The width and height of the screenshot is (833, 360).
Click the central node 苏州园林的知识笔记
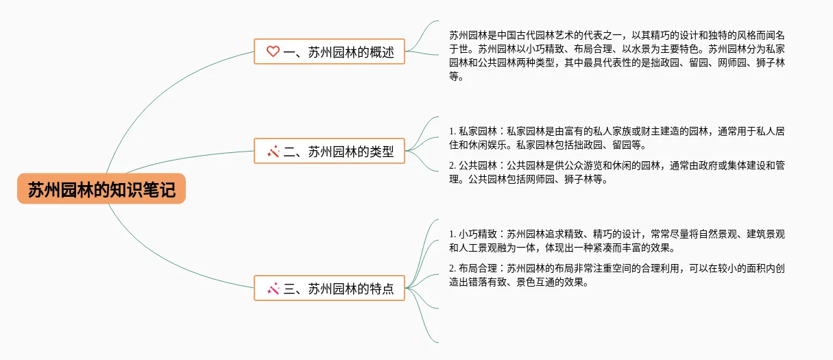click(101, 189)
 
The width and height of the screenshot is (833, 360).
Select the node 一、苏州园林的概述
click(329, 51)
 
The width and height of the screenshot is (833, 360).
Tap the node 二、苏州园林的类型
click(329, 152)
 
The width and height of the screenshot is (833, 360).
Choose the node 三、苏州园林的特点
click(329, 288)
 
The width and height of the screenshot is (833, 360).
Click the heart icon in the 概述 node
click(273, 51)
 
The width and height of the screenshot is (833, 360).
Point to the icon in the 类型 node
click(273, 152)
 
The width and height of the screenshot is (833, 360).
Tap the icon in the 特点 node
click(273, 288)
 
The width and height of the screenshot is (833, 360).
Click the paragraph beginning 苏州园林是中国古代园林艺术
click(617, 56)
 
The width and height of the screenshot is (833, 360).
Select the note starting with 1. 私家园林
click(617, 138)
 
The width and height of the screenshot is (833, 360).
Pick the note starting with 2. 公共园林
click(617, 173)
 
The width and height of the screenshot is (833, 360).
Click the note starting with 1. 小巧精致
click(617, 241)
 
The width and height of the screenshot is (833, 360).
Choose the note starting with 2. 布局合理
click(617, 275)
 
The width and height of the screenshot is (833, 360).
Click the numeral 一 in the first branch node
click(289, 52)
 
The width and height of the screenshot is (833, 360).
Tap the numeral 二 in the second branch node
click(289, 152)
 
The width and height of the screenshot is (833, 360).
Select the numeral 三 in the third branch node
click(289, 289)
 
